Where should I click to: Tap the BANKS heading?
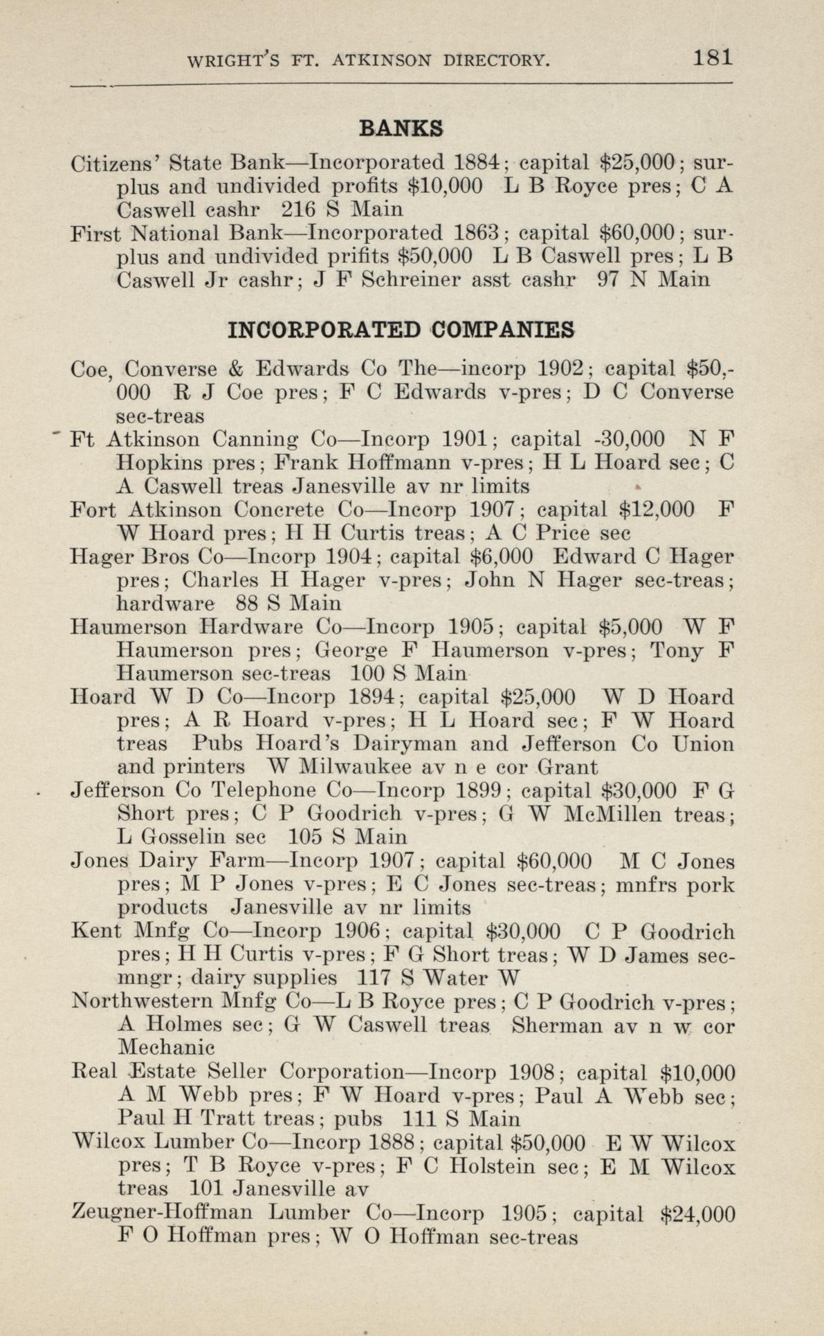click(x=401, y=129)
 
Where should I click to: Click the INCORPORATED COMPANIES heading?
click(x=401, y=330)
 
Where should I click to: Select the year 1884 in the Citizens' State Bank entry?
click(x=476, y=163)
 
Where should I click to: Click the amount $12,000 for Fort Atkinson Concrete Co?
click(x=651, y=510)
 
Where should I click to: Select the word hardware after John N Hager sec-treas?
click(x=166, y=603)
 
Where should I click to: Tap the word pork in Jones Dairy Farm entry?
click(x=712, y=885)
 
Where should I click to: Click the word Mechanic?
click(x=167, y=1048)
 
